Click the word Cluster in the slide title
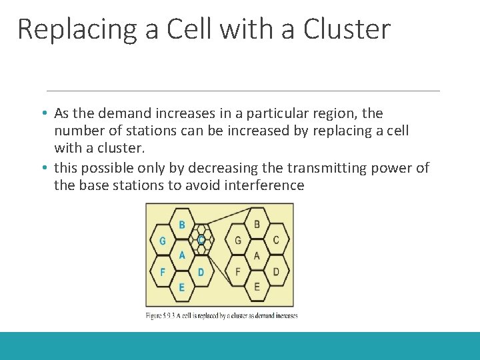tap(347, 30)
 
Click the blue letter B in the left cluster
tap(181, 225)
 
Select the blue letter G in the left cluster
tap(163, 241)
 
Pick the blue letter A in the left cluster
tap(181, 255)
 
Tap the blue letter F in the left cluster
tap(163, 271)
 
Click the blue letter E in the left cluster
tap(181, 287)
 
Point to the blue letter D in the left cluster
tap(201, 271)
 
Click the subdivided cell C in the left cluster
tap(201, 239)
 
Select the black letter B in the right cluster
tap(257, 224)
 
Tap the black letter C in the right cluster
tap(276, 240)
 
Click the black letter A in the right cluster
tap(257, 255)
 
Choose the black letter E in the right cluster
tap(257, 287)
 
